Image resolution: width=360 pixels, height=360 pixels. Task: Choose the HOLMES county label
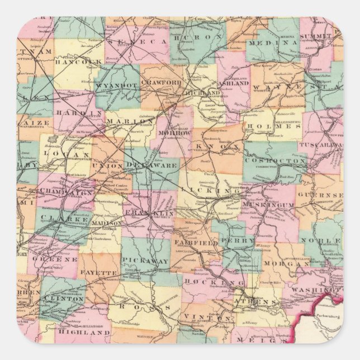(275, 127)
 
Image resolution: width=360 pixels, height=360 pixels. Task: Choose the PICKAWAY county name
(144, 261)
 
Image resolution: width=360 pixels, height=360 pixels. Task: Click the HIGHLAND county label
(83, 332)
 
